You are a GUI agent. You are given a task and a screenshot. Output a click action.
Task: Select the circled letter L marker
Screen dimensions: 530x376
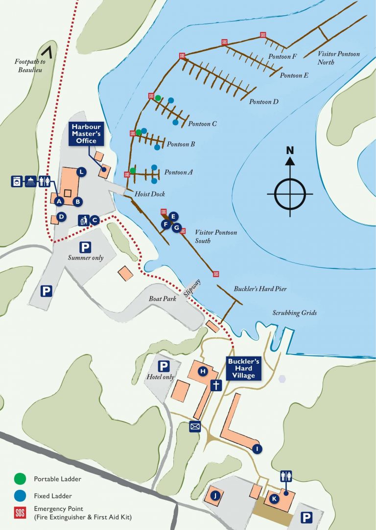click(x=81, y=172)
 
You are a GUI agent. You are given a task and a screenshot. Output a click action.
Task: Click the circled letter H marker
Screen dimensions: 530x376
click(x=202, y=372)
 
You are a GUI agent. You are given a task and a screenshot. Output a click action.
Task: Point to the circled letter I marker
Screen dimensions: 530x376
click(x=258, y=448)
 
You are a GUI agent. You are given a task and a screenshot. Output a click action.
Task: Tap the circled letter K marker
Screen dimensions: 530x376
click(x=274, y=499)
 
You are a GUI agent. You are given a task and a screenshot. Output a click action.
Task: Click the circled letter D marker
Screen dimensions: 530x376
click(x=61, y=216)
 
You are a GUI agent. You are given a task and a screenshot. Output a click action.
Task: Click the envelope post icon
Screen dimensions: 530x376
click(x=195, y=427)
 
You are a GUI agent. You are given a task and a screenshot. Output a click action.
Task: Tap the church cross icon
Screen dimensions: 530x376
click(x=215, y=385)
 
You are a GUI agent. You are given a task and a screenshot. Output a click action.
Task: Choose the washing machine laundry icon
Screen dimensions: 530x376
click(x=17, y=181)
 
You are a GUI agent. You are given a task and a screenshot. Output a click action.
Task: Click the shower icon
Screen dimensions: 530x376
click(x=31, y=181)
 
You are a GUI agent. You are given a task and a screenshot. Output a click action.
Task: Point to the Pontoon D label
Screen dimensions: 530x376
click(x=263, y=102)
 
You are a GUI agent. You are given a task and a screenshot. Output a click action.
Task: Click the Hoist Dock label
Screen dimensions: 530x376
click(x=150, y=194)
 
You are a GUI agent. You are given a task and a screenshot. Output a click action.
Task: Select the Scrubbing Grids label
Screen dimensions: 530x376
click(x=295, y=313)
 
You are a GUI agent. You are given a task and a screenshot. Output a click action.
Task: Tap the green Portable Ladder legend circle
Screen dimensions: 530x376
click(x=20, y=479)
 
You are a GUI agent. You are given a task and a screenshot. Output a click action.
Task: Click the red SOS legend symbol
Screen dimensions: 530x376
click(x=20, y=512)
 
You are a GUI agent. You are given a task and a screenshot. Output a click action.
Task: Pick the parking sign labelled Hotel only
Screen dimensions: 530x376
click(x=164, y=366)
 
